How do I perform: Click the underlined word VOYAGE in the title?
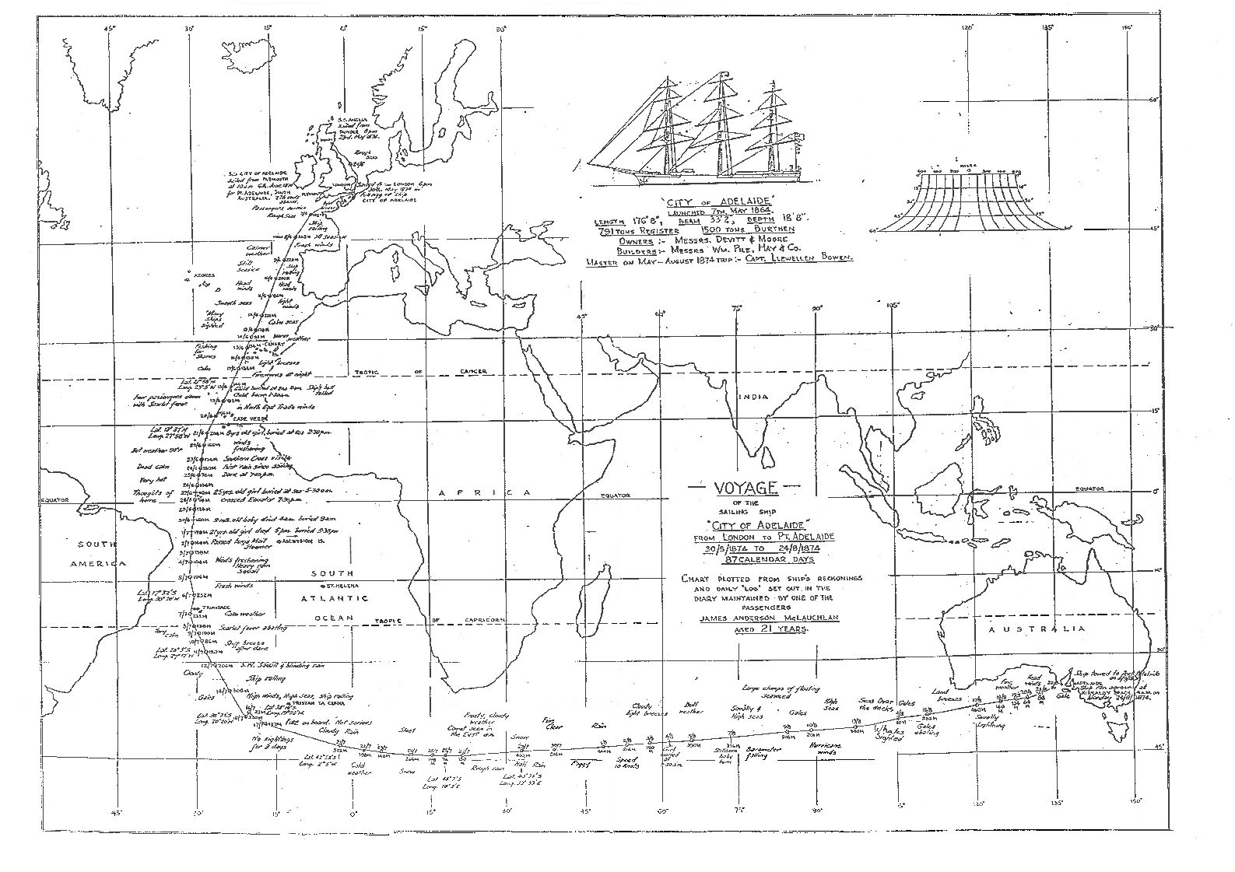coord(734,488)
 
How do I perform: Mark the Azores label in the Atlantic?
coord(204,275)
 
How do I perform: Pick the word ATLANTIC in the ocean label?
coord(336,599)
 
